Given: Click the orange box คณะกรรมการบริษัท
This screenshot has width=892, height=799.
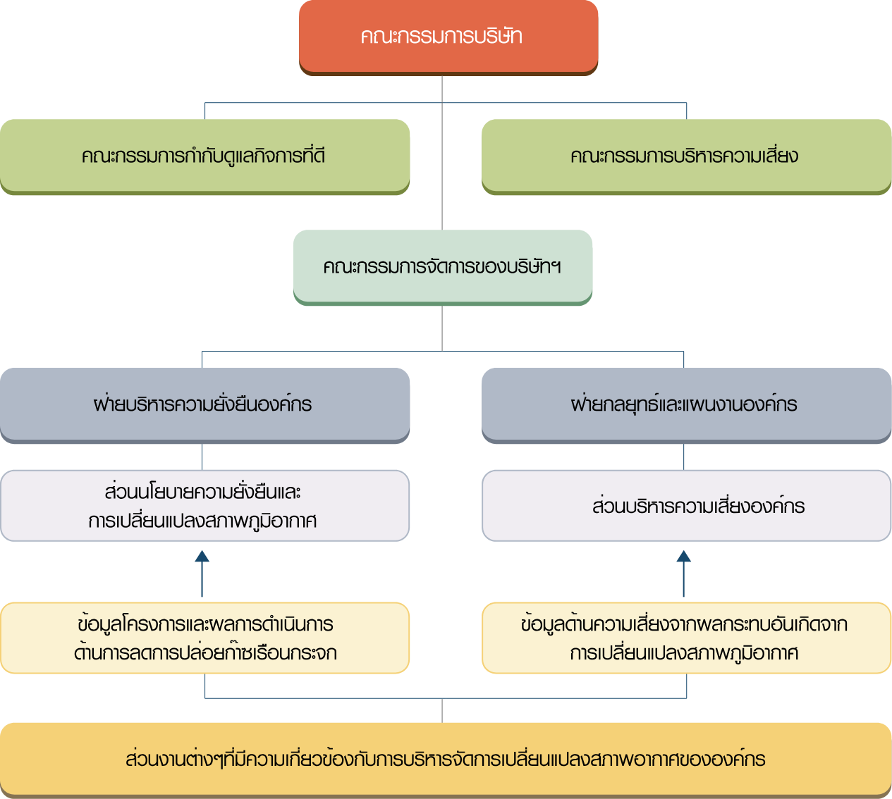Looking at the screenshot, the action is click(x=448, y=37).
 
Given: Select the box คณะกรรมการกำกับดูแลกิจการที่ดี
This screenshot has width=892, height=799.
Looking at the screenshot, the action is click(x=204, y=157).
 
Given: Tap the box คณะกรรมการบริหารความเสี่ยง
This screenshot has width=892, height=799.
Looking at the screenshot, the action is click(x=686, y=157).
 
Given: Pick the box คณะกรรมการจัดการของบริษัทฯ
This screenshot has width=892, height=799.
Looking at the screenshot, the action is click(x=443, y=268).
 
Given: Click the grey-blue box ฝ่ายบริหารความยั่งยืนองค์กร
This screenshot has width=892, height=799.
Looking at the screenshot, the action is click(x=204, y=406).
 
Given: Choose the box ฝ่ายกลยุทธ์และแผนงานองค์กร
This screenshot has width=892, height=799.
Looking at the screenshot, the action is click(x=686, y=406).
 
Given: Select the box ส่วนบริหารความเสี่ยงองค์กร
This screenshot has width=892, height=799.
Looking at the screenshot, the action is click(x=686, y=505).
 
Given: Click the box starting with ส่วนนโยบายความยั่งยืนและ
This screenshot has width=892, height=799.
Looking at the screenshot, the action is click(x=204, y=505).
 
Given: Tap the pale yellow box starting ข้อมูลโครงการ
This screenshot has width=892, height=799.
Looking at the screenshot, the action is click(x=204, y=638).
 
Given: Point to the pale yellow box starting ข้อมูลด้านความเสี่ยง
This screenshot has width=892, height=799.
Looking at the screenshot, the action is click(x=686, y=638).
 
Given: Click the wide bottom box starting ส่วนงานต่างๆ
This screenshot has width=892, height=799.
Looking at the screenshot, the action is click(x=446, y=760).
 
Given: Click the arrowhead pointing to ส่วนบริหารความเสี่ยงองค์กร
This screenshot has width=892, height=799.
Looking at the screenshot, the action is click(x=683, y=556).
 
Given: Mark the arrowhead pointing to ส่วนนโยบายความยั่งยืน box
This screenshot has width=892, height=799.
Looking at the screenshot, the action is click(x=202, y=556).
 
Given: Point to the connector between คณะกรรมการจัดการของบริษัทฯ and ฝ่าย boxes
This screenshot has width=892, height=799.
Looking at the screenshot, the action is click(x=442, y=328).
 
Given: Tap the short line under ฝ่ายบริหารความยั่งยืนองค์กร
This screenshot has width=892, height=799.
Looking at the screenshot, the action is click(x=202, y=457).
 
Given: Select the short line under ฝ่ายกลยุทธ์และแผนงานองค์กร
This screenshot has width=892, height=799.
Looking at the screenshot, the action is click(x=683, y=457).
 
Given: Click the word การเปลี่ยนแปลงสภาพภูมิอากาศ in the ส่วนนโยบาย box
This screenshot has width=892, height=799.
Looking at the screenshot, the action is click(x=202, y=521).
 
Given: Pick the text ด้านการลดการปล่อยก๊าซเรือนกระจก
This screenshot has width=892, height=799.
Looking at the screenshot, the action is click(x=205, y=652).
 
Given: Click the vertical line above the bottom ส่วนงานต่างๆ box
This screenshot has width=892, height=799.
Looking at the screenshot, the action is click(x=442, y=710).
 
